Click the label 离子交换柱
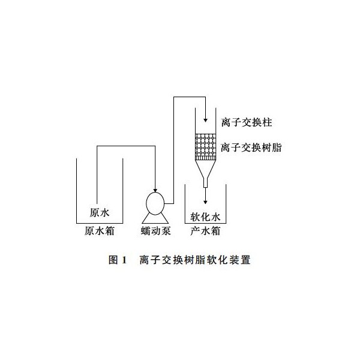[x=247, y=122]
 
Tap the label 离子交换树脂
[x=251, y=148]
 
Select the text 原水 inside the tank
[x=100, y=212]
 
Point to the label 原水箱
[x=100, y=231]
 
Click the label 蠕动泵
[x=155, y=231]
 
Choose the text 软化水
[x=205, y=217]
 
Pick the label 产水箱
[x=205, y=231]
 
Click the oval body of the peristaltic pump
[x=155, y=203]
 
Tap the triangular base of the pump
[x=155, y=219]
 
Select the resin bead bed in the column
[x=205, y=145]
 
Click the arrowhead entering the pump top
[x=155, y=191]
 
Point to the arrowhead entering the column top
[x=205, y=121]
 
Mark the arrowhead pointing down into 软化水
[x=205, y=202]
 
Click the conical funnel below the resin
[x=205, y=169]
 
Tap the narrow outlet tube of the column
[x=205, y=183]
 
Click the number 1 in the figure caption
[x=124, y=260]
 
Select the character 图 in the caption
[x=113, y=260]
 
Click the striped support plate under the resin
[x=205, y=158]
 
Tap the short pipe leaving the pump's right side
[x=169, y=203]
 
